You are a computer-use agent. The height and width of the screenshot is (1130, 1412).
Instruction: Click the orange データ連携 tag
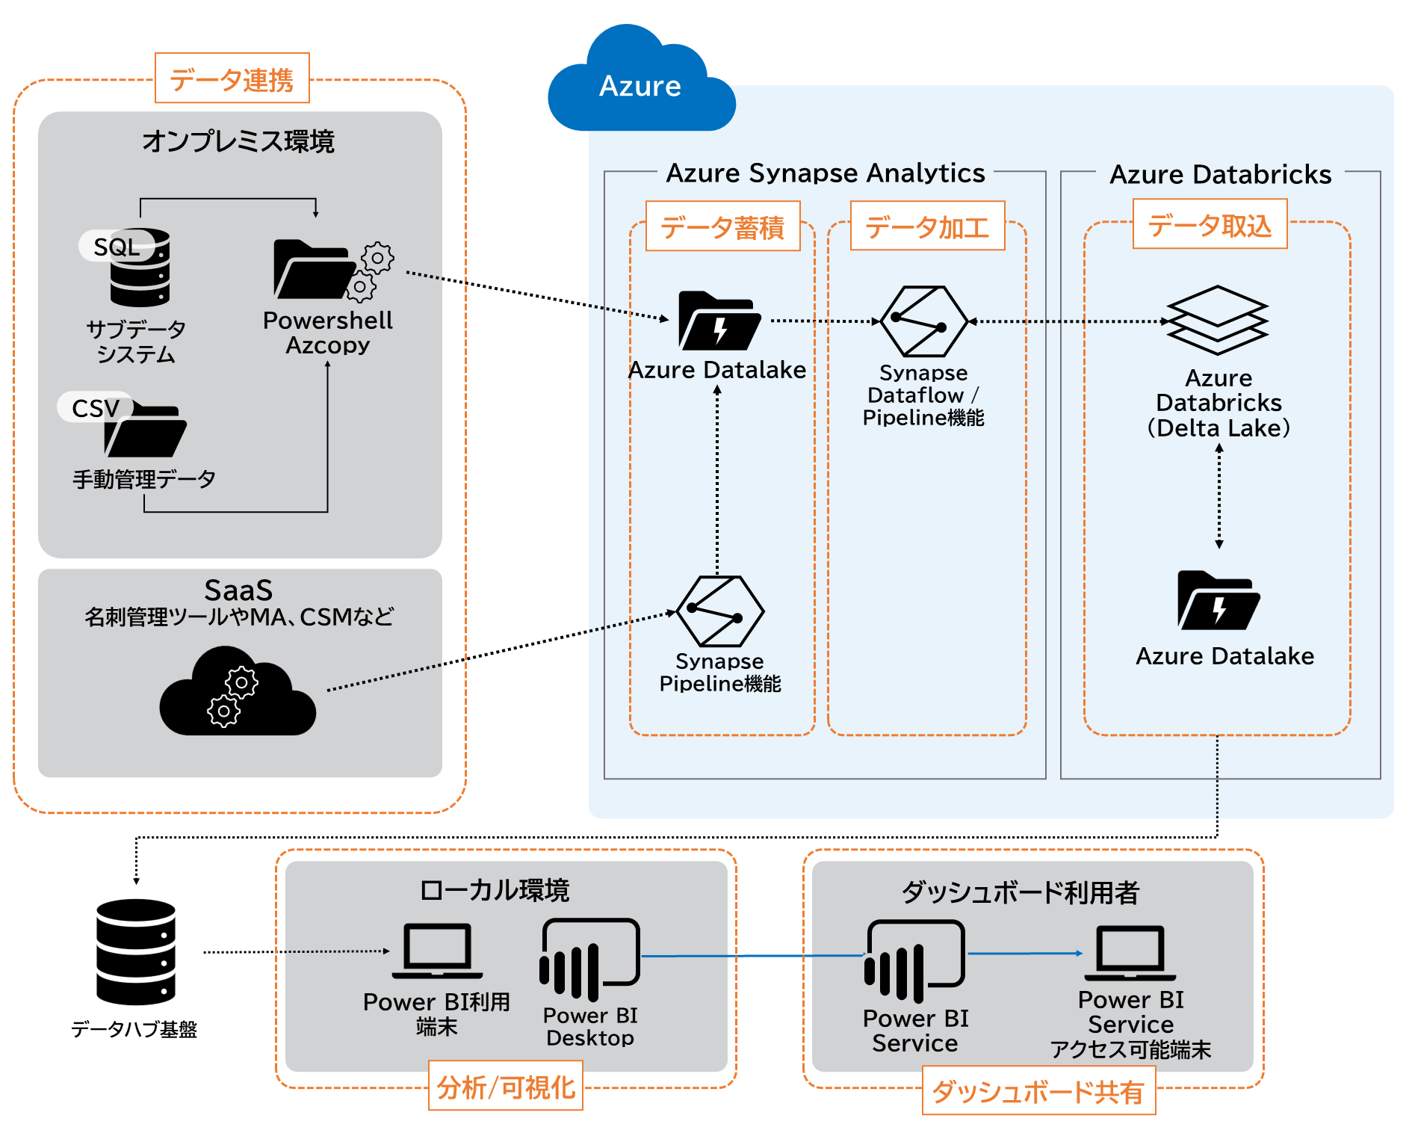click(x=232, y=78)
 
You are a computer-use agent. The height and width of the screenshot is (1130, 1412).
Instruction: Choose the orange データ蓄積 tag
click(x=722, y=226)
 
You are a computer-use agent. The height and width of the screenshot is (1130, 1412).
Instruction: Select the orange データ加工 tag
click(x=927, y=226)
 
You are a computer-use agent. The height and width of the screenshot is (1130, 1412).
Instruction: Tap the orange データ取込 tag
click(x=1210, y=224)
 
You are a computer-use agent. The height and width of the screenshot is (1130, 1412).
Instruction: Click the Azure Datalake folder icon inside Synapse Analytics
click(x=719, y=321)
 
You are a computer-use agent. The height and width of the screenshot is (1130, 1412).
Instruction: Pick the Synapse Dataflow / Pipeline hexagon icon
click(x=923, y=321)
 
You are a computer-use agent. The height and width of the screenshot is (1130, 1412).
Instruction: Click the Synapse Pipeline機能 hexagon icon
click(x=719, y=611)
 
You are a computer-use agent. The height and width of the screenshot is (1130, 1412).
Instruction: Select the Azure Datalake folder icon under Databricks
click(x=1219, y=601)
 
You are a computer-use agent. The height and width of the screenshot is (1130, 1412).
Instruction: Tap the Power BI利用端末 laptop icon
click(x=437, y=951)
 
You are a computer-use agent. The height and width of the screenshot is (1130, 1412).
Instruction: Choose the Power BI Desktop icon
click(x=589, y=960)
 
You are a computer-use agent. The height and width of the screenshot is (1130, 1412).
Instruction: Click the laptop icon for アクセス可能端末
click(x=1130, y=954)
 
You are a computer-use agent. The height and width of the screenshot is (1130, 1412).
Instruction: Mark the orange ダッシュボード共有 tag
click(x=1038, y=1091)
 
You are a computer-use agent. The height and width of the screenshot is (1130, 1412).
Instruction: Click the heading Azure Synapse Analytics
click(x=825, y=173)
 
